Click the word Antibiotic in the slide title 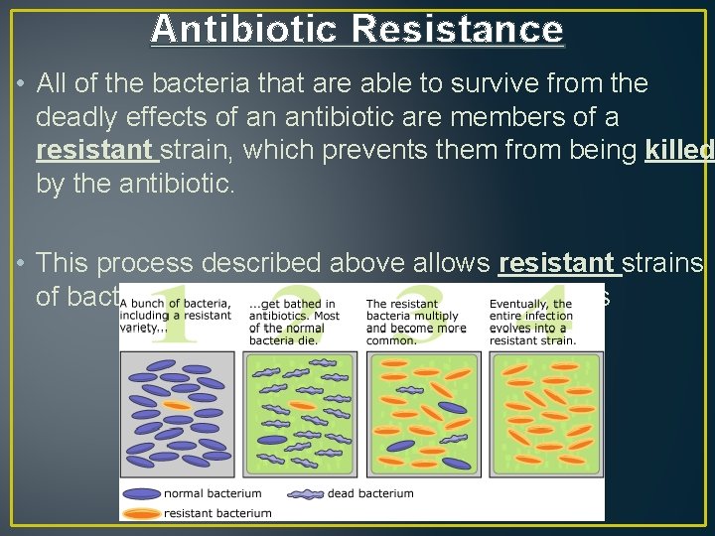(x=244, y=30)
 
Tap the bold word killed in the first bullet (x=678, y=151)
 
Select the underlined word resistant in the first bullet (x=95, y=151)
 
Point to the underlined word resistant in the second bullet (x=559, y=263)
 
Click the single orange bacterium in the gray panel (x=177, y=405)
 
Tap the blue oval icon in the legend (x=142, y=493)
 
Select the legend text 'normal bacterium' (x=213, y=493)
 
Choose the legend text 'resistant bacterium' (x=216, y=513)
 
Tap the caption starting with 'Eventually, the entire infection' (x=533, y=322)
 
